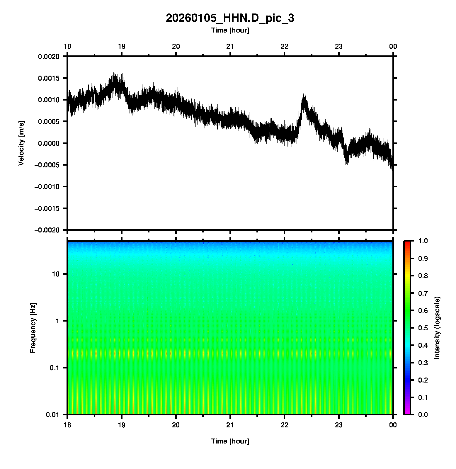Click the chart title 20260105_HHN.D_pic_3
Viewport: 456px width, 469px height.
(230, 18)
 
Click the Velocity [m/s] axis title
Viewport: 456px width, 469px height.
(21, 143)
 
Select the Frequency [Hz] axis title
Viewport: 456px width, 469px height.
(33, 328)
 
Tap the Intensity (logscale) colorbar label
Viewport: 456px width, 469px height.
(437, 328)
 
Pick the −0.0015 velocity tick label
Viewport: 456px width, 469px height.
(47, 208)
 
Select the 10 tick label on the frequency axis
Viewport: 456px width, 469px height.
(56, 274)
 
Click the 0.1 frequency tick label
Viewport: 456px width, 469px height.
(54, 368)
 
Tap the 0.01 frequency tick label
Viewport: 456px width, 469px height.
(53, 415)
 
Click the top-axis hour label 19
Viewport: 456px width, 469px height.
(122, 46)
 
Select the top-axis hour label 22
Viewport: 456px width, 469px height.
(285, 46)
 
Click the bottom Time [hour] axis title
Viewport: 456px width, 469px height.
(230, 441)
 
